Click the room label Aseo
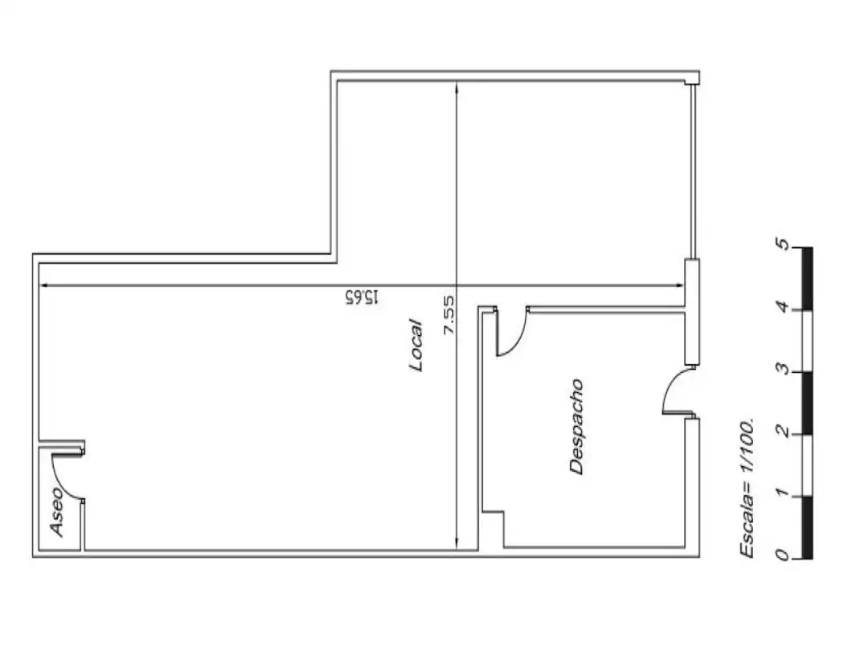pyautogui.click(x=57, y=511)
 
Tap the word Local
pyautogui.click(x=416, y=344)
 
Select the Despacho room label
pyautogui.click(x=576, y=426)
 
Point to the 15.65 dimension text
pyautogui.click(x=362, y=297)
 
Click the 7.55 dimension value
pyautogui.click(x=448, y=314)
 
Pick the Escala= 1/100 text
pyautogui.click(x=747, y=488)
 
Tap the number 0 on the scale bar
pyautogui.click(x=781, y=554)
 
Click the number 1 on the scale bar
pyautogui.click(x=781, y=492)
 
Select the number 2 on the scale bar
pyautogui.click(x=781, y=430)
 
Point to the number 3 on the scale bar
pyautogui.click(x=781, y=368)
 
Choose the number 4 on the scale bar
pyautogui.click(x=781, y=306)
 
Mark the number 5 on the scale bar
pyautogui.click(x=781, y=244)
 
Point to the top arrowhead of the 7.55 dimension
pyautogui.click(x=457, y=88)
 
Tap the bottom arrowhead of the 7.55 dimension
pyautogui.click(x=457, y=543)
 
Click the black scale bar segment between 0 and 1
pyautogui.click(x=808, y=527)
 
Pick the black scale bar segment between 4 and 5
pyautogui.click(x=808, y=278)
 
